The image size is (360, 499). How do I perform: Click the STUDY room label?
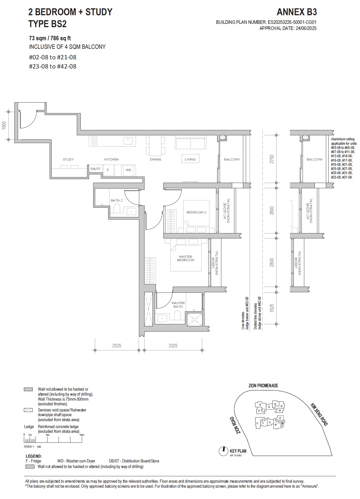[x=68, y=159]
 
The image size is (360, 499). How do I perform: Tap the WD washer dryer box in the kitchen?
[x=128, y=170]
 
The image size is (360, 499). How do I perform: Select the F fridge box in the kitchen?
[x=108, y=170]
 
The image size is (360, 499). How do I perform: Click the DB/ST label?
[x=96, y=169]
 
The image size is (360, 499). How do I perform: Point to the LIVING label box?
[x=190, y=159]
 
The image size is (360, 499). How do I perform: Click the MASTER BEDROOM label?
[x=186, y=258]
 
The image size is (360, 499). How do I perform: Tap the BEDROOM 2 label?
[x=196, y=212]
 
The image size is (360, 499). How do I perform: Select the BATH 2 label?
[x=116, y=200]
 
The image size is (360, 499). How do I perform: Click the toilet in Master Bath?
[x=178, y=315]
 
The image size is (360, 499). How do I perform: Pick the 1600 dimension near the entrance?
[x=4, y=125]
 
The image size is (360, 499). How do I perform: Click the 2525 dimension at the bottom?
[x=116, y=346]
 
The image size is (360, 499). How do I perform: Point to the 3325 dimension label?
[x=173, y=346]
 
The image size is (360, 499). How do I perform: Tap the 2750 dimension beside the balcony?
[x=272, y=159]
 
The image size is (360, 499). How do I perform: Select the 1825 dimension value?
[x=272, y=308]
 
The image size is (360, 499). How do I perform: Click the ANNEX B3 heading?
[x=296, y=12]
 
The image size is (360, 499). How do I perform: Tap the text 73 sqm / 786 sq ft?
[x=50, y=38]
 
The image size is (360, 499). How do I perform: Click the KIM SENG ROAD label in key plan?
[x=319, y=414]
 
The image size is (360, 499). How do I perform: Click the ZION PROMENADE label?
[x=263, y=386]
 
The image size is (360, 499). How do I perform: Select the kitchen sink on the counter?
[x=128, y=141]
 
